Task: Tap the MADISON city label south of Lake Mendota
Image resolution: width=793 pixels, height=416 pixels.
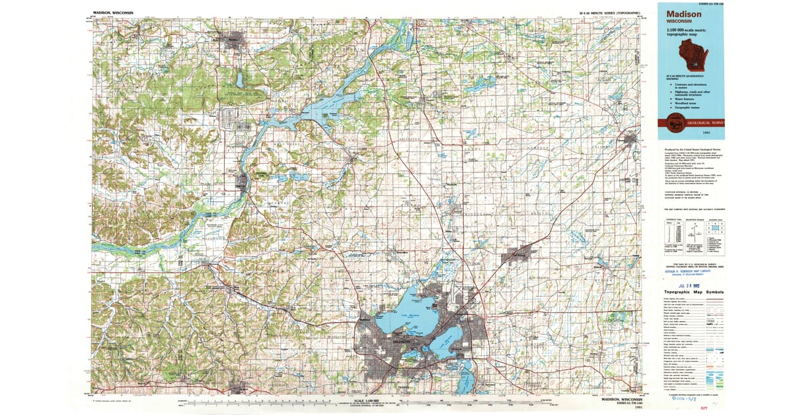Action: coord(401,341)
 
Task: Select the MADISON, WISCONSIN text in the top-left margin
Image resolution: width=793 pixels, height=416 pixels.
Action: coord(113,12)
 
